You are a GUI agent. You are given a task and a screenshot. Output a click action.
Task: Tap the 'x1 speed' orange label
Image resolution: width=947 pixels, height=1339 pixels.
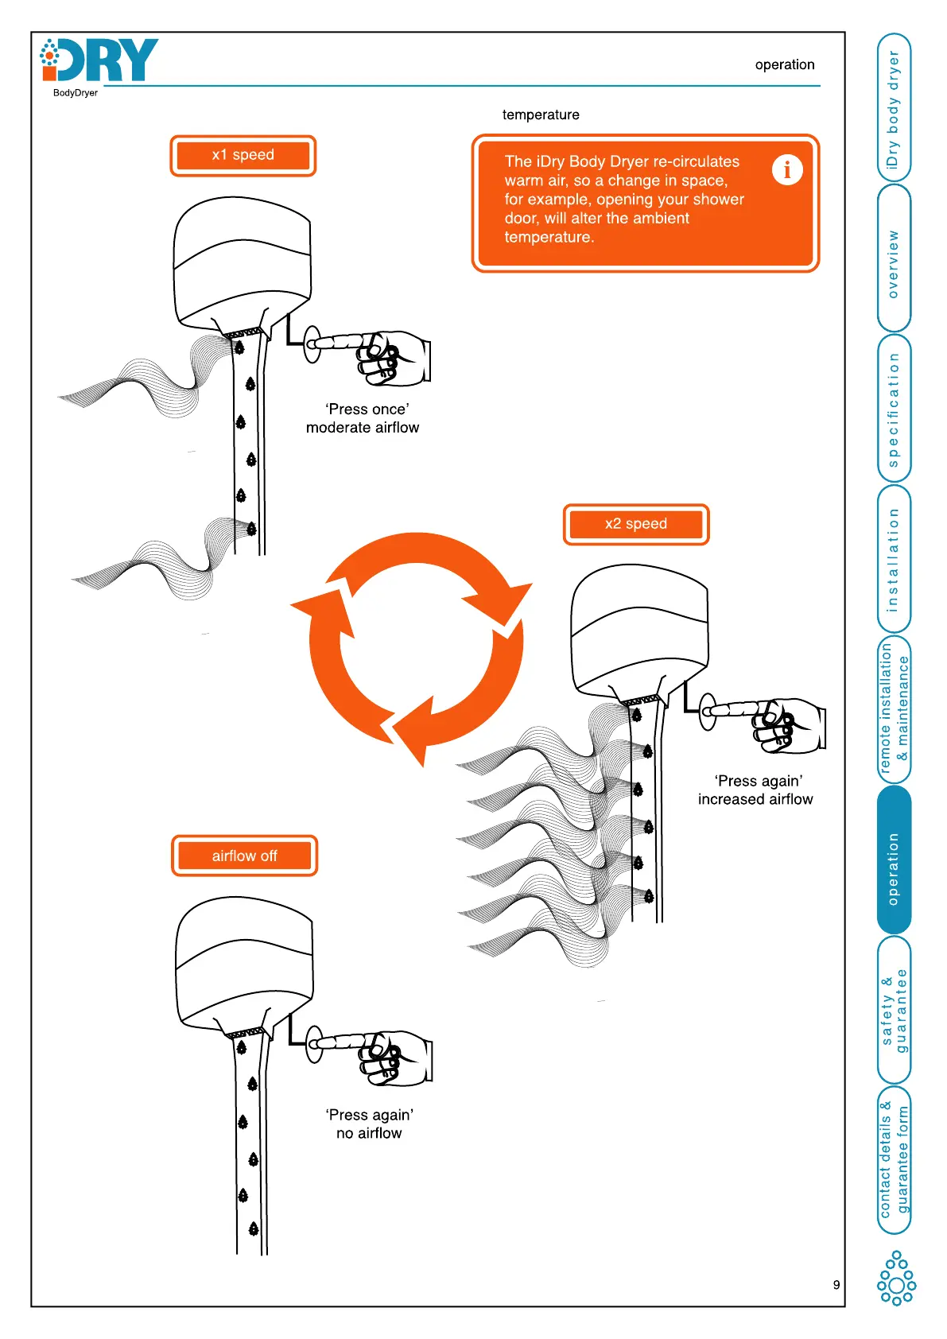point(243,155)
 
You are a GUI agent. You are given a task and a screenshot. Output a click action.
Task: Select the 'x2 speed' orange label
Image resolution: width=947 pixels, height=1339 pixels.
point(636,524)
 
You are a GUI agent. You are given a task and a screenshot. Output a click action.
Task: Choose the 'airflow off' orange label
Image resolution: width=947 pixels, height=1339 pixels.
point(244,856)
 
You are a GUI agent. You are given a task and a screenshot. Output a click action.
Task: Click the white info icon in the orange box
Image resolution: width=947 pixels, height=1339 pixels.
point(787,169)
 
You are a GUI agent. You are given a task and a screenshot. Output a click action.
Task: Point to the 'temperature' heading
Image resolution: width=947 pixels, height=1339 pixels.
point(541,114)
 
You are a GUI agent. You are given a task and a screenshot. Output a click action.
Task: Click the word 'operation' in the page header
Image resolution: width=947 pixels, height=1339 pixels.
point(785,64)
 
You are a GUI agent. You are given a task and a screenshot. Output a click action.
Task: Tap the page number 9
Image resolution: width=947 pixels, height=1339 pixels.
point(836,1284)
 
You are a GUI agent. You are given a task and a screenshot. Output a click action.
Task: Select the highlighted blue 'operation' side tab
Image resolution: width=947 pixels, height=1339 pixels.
point(894,868)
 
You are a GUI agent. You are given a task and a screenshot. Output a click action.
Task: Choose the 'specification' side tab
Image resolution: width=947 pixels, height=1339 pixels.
point(894,410)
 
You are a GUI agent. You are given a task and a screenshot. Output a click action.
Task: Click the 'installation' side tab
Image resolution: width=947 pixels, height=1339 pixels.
point(894,560)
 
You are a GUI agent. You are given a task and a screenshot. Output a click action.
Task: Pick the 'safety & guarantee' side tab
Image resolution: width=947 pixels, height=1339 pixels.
point(894,1010)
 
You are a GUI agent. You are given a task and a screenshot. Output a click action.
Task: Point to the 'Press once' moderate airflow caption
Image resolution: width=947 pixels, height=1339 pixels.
point(363,418)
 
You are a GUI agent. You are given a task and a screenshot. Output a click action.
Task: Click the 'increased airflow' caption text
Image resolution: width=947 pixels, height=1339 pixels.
point(755,799)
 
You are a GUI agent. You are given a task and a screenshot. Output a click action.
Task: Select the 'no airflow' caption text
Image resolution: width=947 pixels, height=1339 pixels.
point(369,1133)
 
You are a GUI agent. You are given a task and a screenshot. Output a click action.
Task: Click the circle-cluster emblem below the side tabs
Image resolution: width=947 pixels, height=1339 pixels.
point(896,1278)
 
